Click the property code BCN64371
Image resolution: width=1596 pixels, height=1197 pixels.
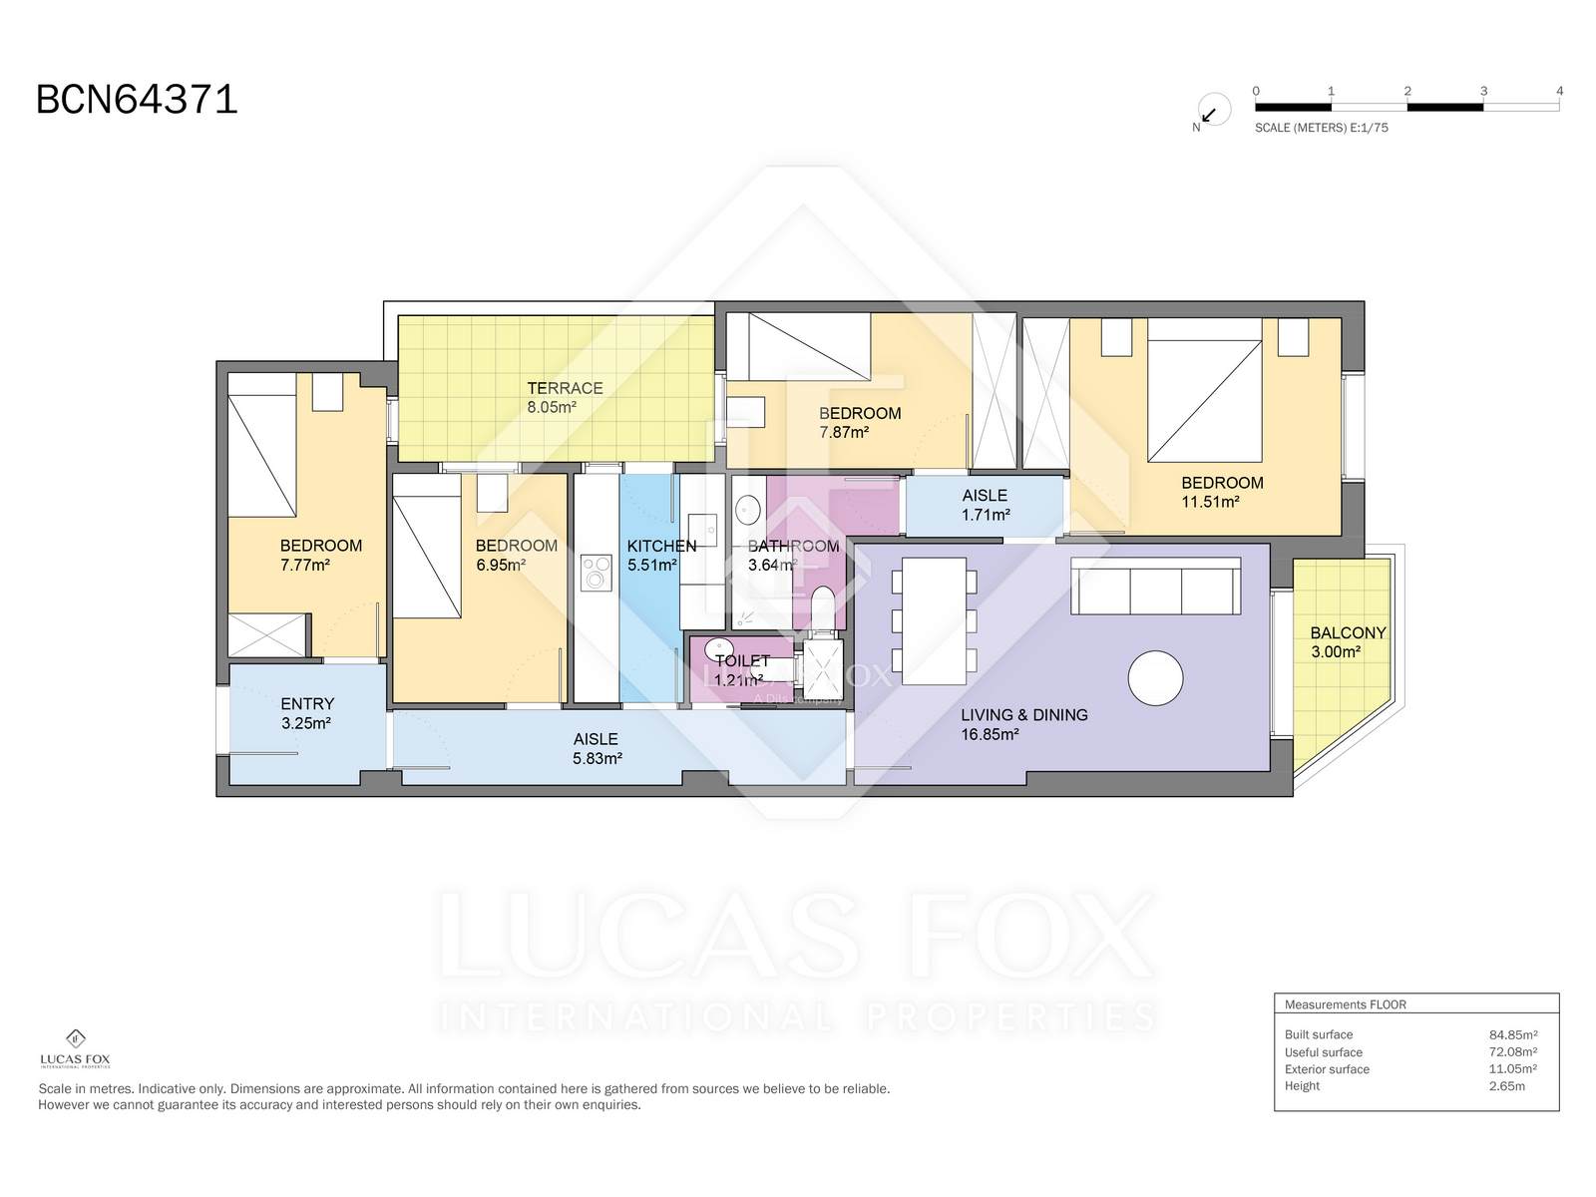coord(137,99)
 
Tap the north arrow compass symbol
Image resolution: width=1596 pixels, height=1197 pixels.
coord(1214,110)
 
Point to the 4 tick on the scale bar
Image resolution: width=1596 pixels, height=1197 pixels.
coord(1559,91)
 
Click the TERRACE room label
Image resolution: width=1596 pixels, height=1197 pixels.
coord(565,388)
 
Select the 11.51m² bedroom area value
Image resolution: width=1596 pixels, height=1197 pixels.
coord(1210,502)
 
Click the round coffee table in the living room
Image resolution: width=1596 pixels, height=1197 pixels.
coord(1155,677)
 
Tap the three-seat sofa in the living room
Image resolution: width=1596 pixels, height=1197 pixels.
coord(1156,587)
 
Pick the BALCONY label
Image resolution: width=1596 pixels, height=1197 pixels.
coord(1348,633)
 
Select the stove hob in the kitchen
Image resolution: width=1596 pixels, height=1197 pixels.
coord(597,572)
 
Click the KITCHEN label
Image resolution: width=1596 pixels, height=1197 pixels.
coord(661,546)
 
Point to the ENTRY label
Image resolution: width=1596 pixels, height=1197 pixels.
coord(307,703)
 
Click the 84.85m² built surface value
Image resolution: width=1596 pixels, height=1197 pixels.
coord(1513,1035)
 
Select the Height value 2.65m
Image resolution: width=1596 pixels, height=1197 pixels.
coord(1506,1086)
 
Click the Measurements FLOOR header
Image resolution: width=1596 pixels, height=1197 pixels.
coord(1346,1004)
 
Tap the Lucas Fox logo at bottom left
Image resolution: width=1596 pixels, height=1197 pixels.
coord(75,1048)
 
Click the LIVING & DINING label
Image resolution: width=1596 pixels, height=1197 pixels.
coord(1024,715)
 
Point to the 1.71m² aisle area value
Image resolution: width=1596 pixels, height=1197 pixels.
coord(986,515)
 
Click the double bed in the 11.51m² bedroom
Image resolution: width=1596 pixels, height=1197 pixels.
coord(1204,390)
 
